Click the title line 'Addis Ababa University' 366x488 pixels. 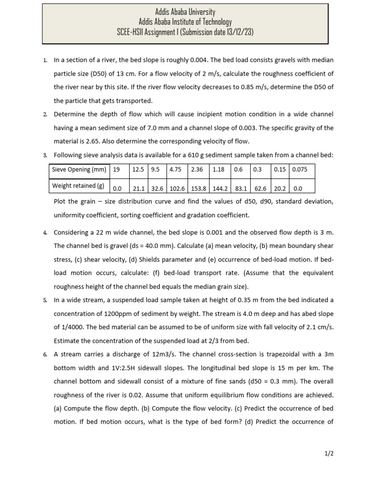coord(185,11)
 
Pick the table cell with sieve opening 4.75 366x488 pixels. coord(175,170)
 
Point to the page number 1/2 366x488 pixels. coord(329,454)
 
